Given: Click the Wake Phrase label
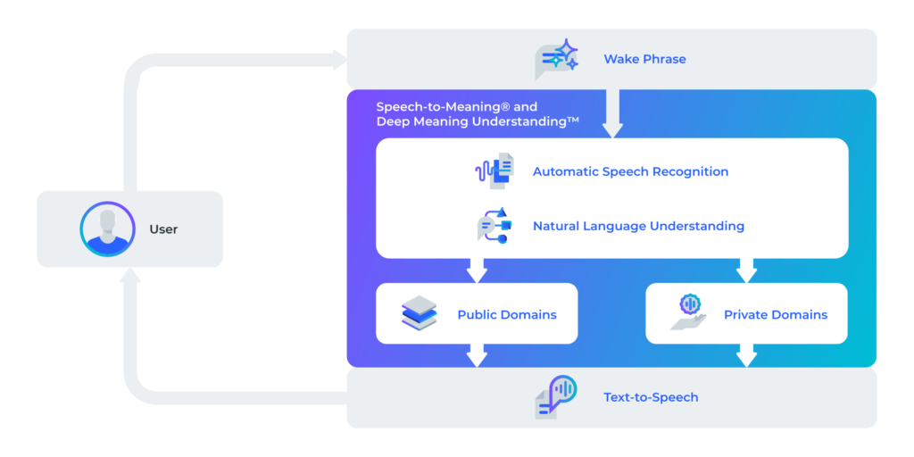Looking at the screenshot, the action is click(x=644, y=59).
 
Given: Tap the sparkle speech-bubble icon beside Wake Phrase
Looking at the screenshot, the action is click(x=556, y=59).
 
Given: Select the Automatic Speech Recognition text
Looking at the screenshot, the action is click(x=630, y=172).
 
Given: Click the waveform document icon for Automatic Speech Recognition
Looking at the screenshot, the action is click(x=494, y=170).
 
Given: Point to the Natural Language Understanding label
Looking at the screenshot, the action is click(x=638, y=226).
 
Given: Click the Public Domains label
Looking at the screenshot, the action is click(x=507, y=315).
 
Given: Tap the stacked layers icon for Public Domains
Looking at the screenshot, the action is click(x=420, y=313).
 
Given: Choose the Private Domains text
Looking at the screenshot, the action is click(x=776, y=315).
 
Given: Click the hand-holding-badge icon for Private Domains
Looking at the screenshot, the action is click(x=688, y=312).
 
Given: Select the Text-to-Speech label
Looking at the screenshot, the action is click(x=651, y=397).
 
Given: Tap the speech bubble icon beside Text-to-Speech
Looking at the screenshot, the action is click(x=555, y=397).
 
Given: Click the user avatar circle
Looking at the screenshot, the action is click(x=107, y=229).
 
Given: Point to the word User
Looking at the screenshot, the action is click(x=163, y=229).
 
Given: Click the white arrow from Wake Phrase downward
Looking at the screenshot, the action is click(x=612, y=113).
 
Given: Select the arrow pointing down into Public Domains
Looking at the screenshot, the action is click(x=477, y=270).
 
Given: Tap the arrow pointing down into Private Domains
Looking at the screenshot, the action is click(x=746, y=270).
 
